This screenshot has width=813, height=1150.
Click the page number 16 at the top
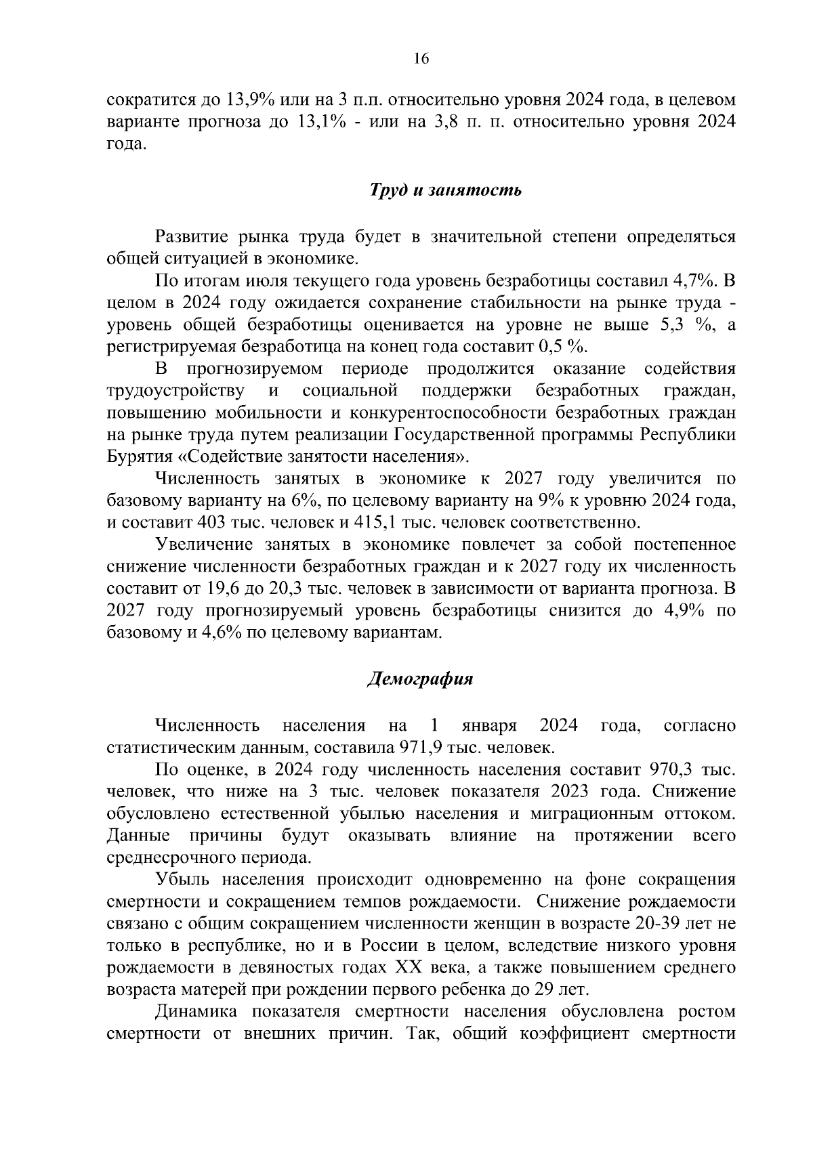[x=421, y=59]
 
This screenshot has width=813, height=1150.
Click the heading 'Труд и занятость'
[x=445, y=190]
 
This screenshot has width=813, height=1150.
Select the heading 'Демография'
[x=419, y=679]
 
